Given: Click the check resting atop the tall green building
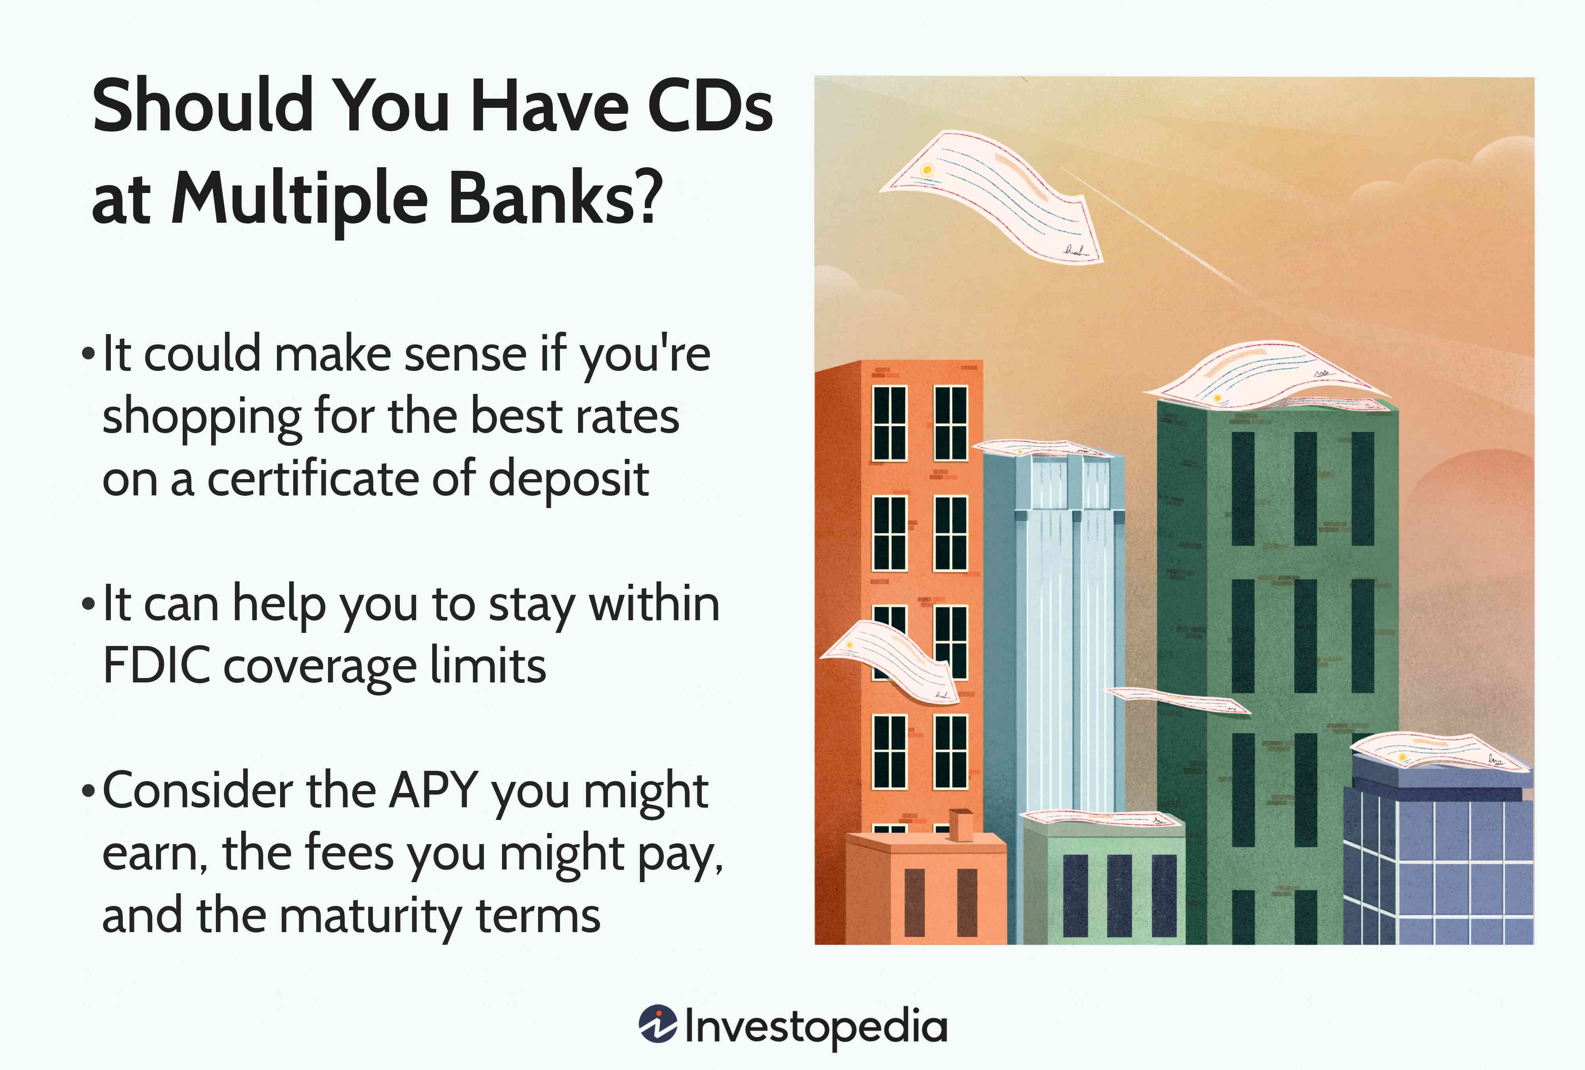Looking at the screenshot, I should pyautogui.click(x=1268, y=376).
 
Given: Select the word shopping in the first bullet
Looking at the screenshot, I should pyautogui.click(x=201, y=417).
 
